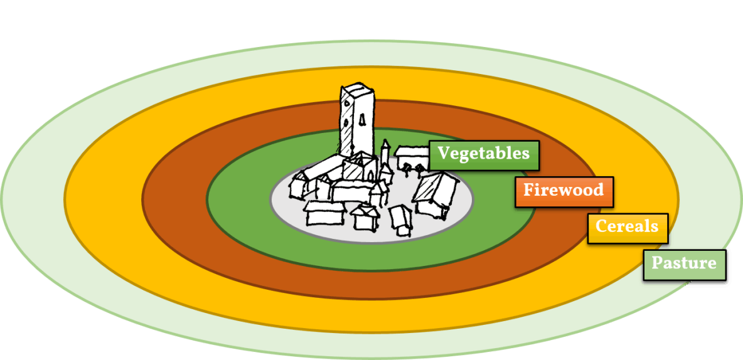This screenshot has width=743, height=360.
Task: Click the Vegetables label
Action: pos(484,154)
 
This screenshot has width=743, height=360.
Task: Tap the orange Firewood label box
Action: pos(564,191)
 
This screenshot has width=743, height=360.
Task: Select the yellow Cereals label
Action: pos(628,227)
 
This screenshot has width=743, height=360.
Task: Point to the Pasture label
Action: pos(684,263)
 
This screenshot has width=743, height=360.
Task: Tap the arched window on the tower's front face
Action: pos(363,119)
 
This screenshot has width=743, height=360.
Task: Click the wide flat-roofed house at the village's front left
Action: pos(324,213)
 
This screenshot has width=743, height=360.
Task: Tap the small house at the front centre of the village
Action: pos(363,218)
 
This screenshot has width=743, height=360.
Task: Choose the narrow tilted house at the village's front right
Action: pos(400,220)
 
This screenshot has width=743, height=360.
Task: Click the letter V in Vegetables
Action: pos(444,154)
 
